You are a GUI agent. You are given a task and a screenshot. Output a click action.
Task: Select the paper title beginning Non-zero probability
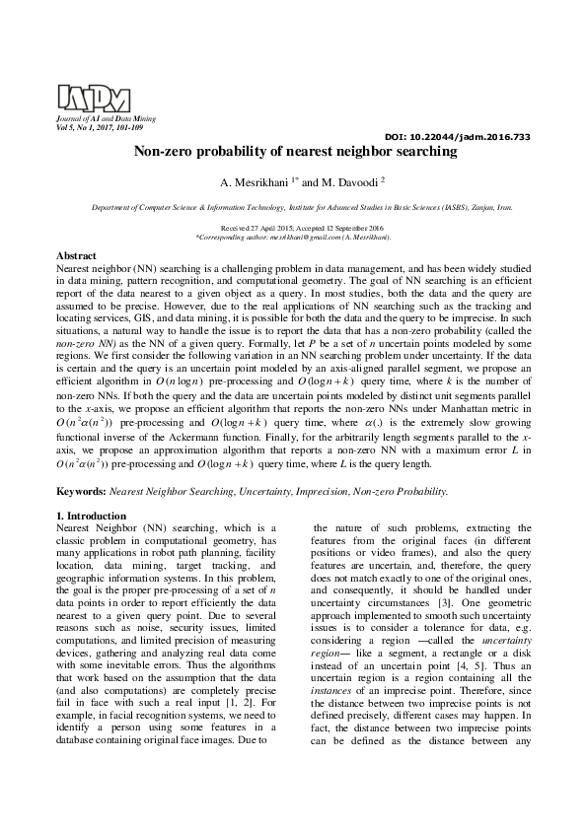click(296, 153)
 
